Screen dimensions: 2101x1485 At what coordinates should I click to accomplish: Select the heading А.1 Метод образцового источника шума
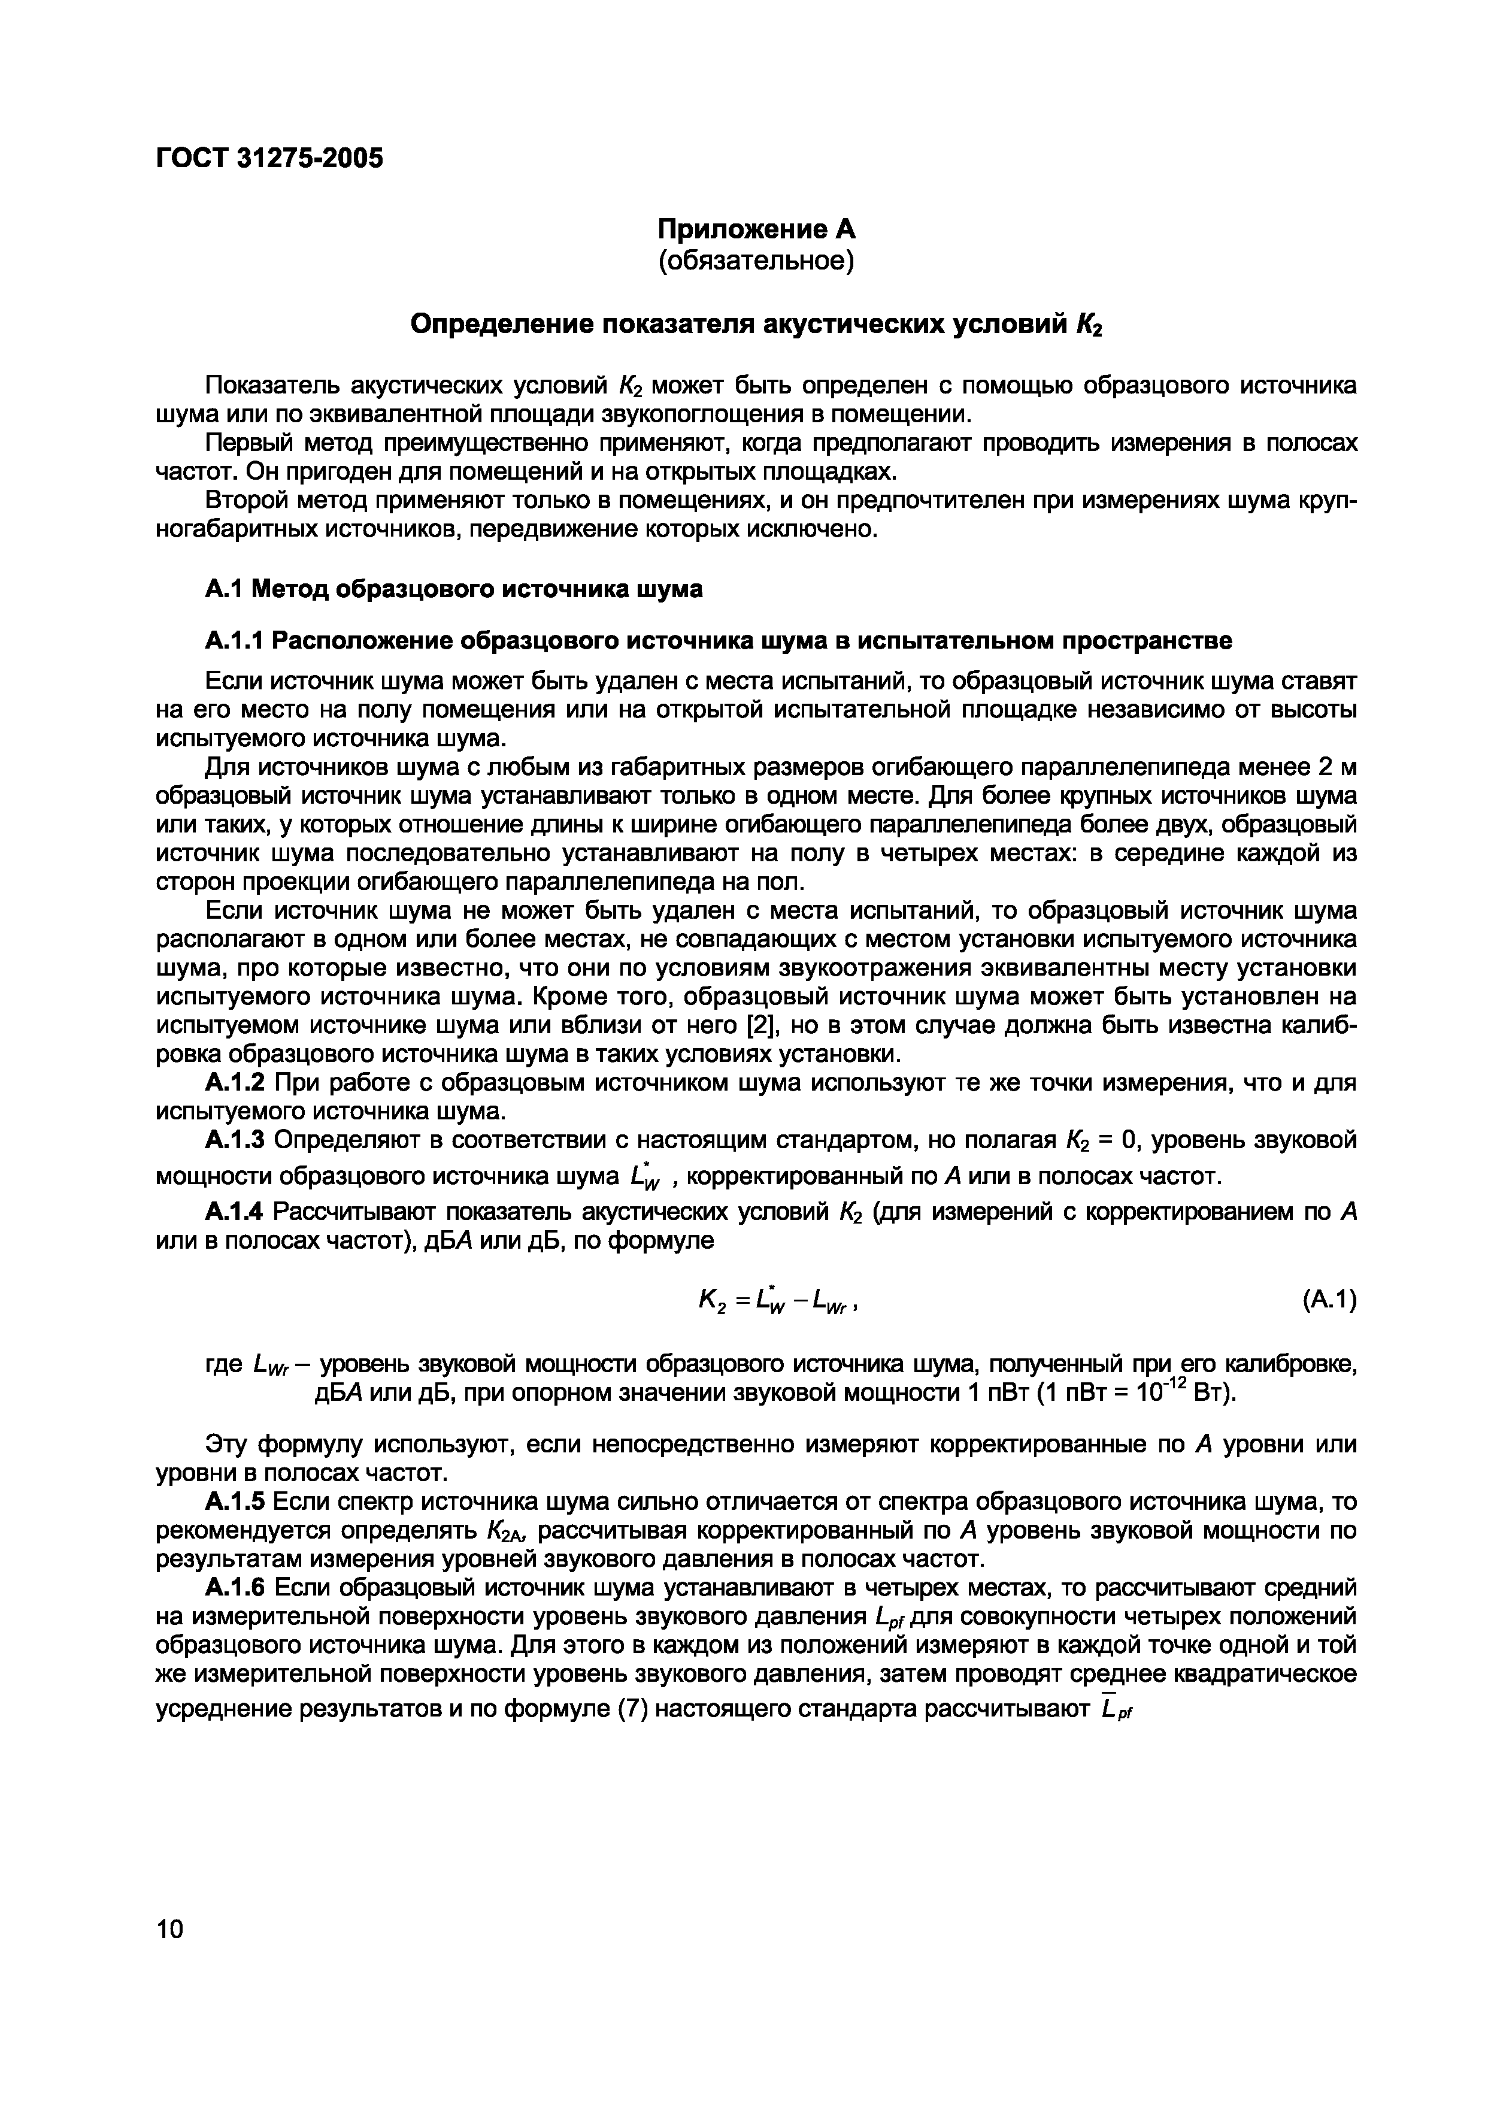(454, 589)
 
